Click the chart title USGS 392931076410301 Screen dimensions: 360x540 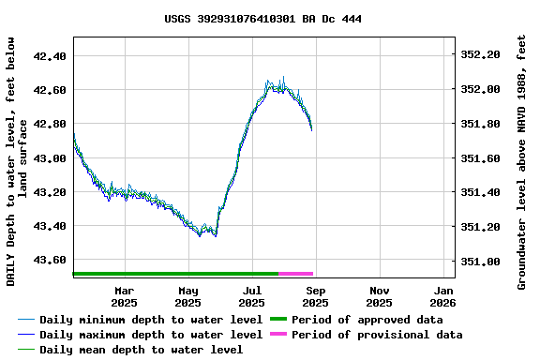[262, 19]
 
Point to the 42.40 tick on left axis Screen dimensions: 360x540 [49, 55]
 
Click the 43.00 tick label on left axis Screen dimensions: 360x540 [49, 157]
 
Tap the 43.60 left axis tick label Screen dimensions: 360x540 [49, 260]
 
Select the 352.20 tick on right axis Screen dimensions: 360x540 [481, 55]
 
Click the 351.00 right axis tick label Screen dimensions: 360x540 [481, 261]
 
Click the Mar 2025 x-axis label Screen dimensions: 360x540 [125, 296]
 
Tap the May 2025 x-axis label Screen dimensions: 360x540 [188, 296]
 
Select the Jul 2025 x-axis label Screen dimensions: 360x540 [252, 296]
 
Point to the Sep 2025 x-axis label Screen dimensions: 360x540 [316, 296]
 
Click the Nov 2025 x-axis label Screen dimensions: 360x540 [379, 296]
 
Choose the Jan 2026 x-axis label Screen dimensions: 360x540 [442, 296]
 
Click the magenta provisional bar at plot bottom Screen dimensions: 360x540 [296, 274]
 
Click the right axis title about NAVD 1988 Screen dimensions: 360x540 [522, 161]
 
